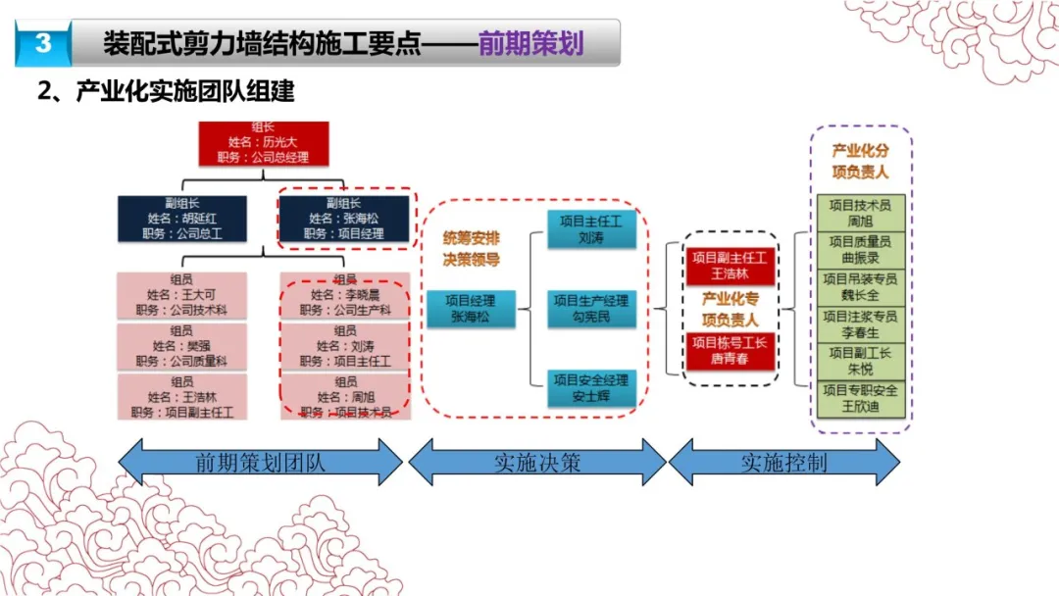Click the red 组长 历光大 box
[x=262, y=142]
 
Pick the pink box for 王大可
[x=180, y=295]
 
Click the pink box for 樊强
[x=180, y=346]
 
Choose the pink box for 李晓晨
[x=343, y=295]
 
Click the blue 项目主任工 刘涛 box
[x=591, y=229]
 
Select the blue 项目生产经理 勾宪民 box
[x=591, y=309]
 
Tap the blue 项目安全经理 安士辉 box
[x=591, y=388]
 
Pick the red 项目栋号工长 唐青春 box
[x=730, y=350]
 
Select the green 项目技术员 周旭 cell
[x=860, y=214]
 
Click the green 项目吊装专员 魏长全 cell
[x=860, y=287]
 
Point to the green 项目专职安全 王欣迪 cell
[x=860, y=398]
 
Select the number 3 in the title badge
[x=43, y=44]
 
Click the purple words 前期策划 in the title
[x=530, y=44]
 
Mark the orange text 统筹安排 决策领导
[x=472, y=247]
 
